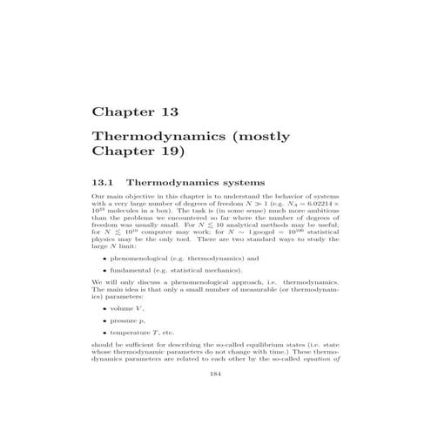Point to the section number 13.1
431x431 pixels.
point(104,184)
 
